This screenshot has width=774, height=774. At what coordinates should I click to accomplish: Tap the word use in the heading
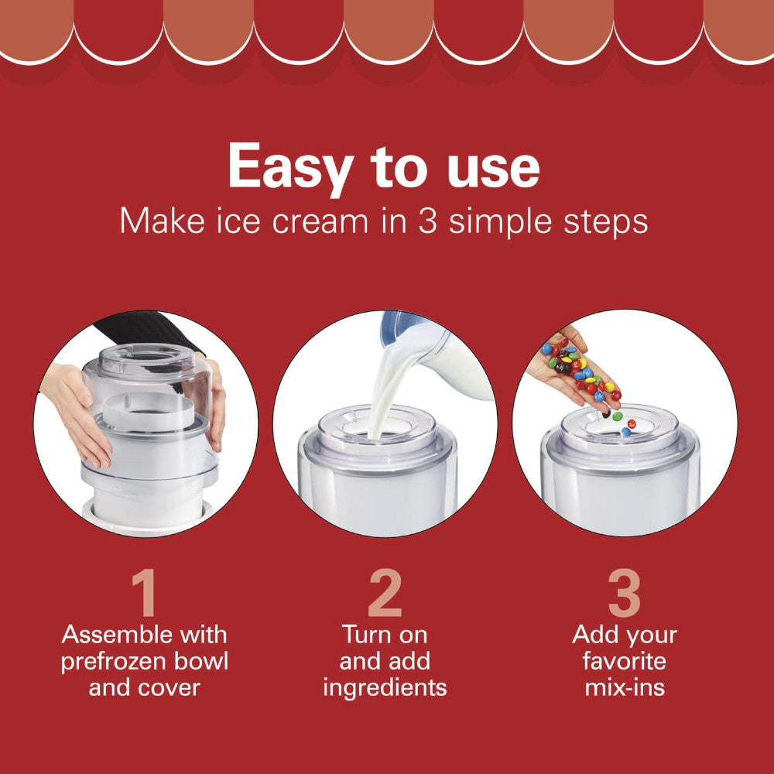tap(489, 166)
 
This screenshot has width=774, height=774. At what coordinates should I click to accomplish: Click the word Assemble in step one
tap(117, 635)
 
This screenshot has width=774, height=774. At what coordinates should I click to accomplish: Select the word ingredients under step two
tap(385, 687)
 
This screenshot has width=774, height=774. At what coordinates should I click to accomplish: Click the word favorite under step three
tap(625, 662)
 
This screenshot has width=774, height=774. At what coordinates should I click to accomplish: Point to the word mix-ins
tap(625, 687)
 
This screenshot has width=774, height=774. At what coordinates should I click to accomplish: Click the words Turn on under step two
tap(385, 635)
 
